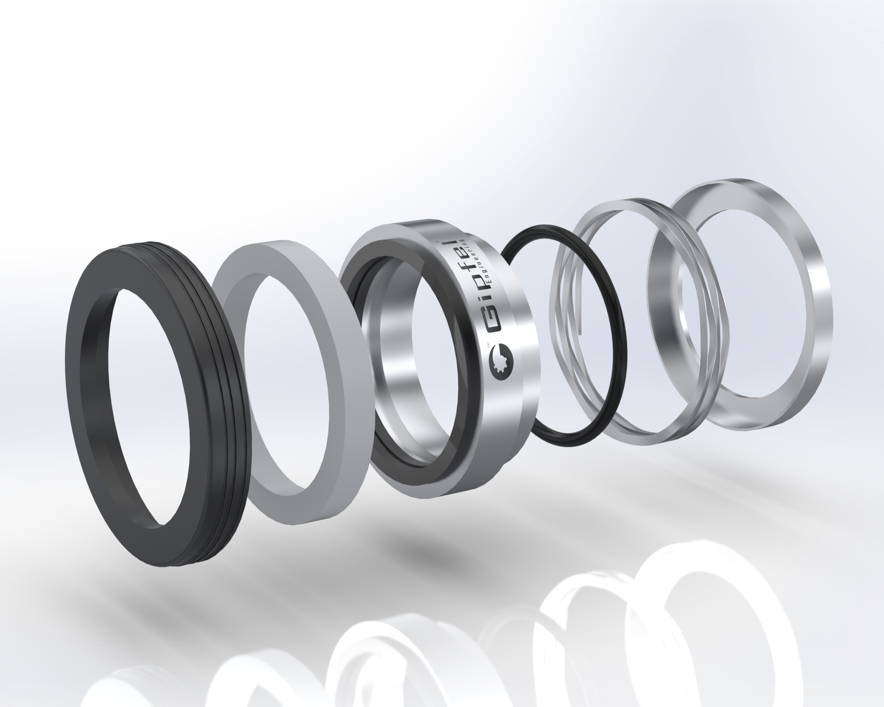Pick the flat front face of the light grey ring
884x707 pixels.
click(263, 452)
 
